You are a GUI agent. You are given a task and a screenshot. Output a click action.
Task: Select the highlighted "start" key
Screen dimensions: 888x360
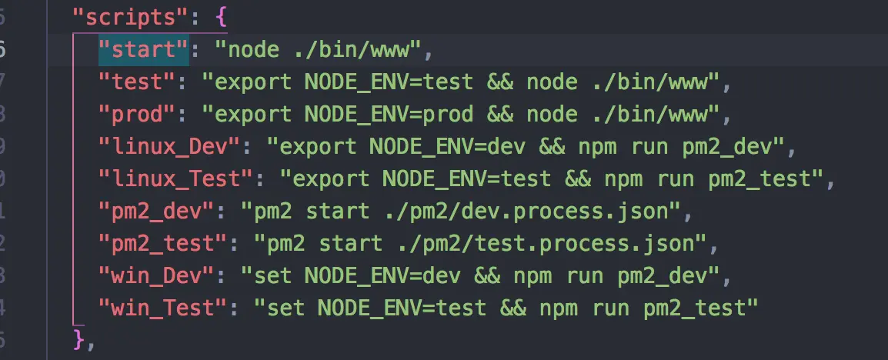[143, 50]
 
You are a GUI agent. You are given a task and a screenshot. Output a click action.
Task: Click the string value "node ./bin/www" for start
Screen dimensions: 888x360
[318, 50]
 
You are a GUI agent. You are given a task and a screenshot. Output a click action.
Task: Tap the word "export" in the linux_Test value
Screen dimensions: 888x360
[324, 179]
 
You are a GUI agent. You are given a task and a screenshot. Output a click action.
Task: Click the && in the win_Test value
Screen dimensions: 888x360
[512, 308]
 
